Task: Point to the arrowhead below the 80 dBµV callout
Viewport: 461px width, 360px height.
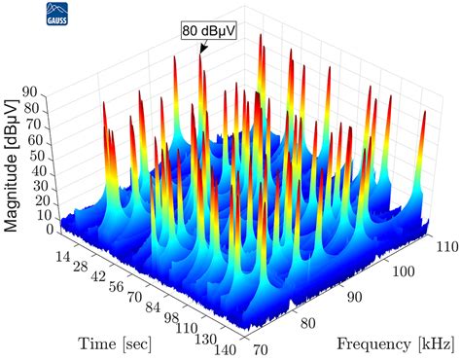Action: [203, 50]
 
